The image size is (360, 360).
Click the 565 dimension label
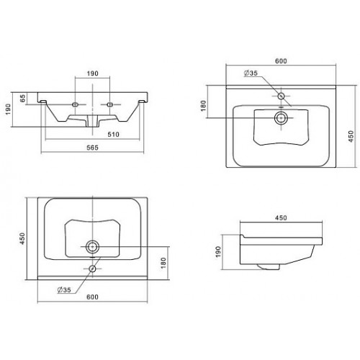[92, 148]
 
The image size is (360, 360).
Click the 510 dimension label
[113, 135]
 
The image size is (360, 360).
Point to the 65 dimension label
[22, 98]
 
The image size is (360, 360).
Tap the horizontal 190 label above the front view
[93, 73]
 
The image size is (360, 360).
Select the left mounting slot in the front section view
[76, 104]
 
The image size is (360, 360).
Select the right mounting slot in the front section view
[110, 104]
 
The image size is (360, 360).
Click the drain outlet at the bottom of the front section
[93, 121]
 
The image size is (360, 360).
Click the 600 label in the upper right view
[281, 61]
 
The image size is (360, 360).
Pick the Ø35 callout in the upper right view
[251, 73]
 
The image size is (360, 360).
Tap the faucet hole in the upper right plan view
[281, 96]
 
